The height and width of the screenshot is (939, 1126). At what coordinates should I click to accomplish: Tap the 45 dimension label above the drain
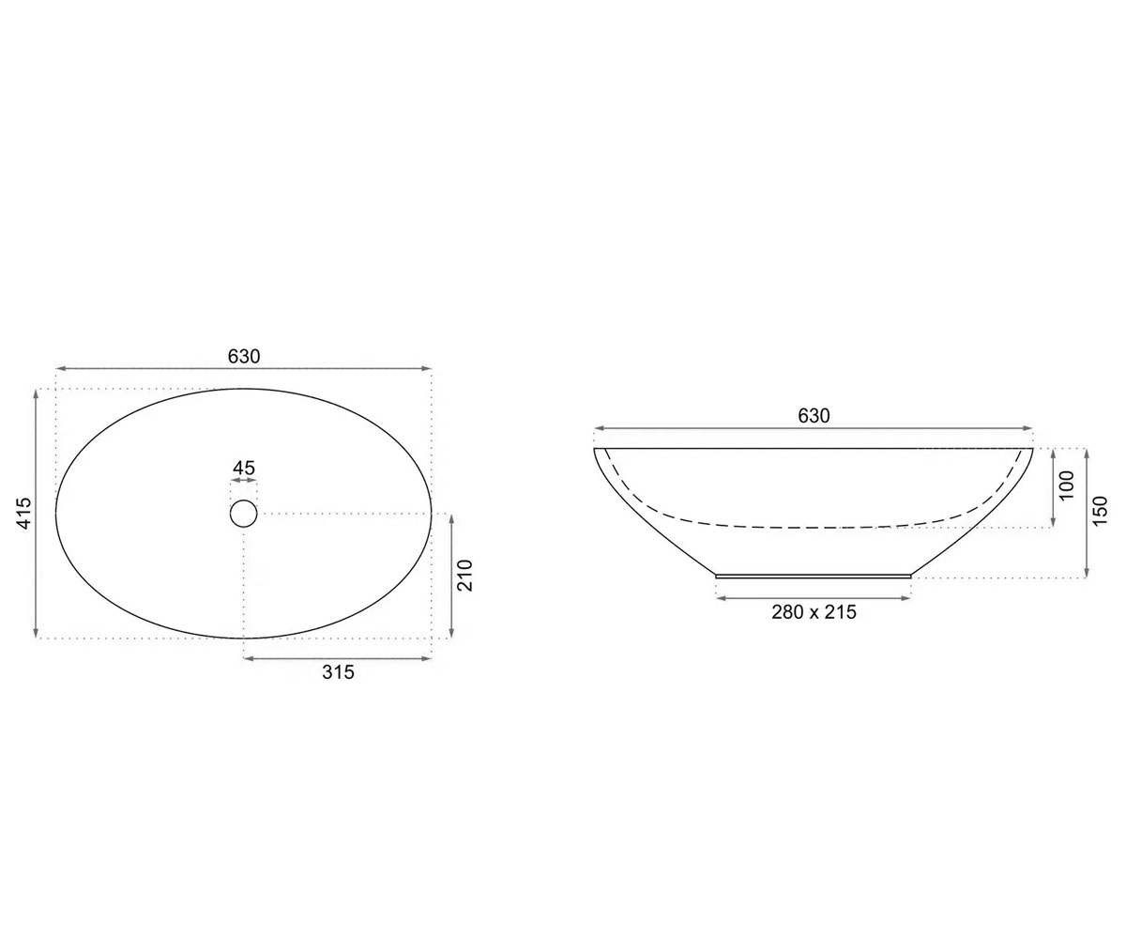pos(244,468)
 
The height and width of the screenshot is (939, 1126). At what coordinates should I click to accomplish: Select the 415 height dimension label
pos(24,514)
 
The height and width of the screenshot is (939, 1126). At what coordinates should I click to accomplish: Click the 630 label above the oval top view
pos(244,357)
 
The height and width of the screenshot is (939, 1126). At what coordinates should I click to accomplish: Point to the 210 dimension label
pos(464,576)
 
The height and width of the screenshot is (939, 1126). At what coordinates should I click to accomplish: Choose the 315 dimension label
pos(338,672)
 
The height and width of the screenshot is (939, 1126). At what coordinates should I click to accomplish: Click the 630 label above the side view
pos(814,416)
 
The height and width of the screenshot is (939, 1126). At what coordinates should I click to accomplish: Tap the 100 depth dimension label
pos(1067,485)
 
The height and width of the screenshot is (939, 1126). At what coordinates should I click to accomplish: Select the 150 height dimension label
pos(1100,511)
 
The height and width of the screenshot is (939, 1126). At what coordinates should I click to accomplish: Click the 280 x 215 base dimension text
pos(814,612)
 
